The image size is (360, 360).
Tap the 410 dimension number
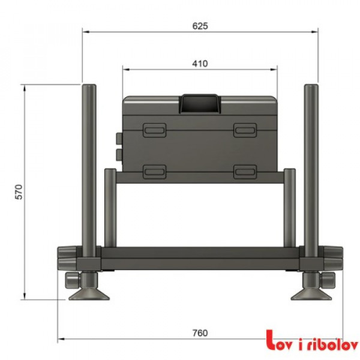pos(200,63)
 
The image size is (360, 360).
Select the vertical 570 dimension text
pos(19,192)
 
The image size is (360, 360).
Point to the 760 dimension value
pos(200,334)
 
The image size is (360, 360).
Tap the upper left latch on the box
pos(154,130)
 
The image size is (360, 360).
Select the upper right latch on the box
pos(245,130)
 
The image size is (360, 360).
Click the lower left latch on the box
pos(154,171)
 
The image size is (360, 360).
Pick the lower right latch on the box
pos(245,171)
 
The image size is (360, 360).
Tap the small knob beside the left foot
pos(71,280)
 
